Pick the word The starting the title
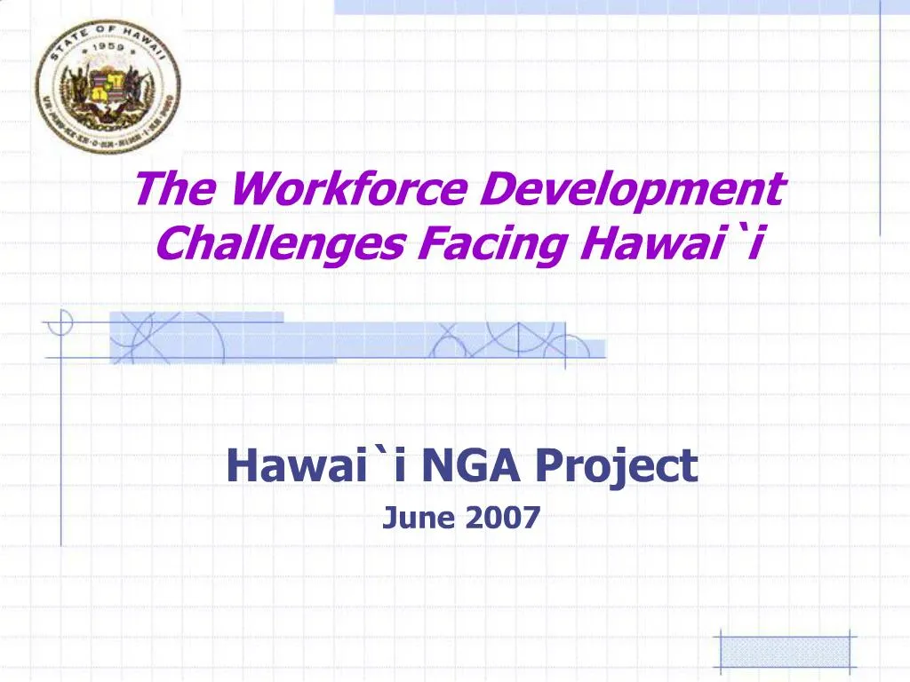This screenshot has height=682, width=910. tap(172, 189)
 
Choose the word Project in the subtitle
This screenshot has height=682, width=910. tap(617, 467)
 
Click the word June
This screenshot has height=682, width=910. tap(419, 516)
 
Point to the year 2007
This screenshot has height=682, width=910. tap(503, 516)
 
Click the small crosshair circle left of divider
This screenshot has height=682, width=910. tap(60, 321)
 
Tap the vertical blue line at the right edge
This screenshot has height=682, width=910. tap(880, 115)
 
